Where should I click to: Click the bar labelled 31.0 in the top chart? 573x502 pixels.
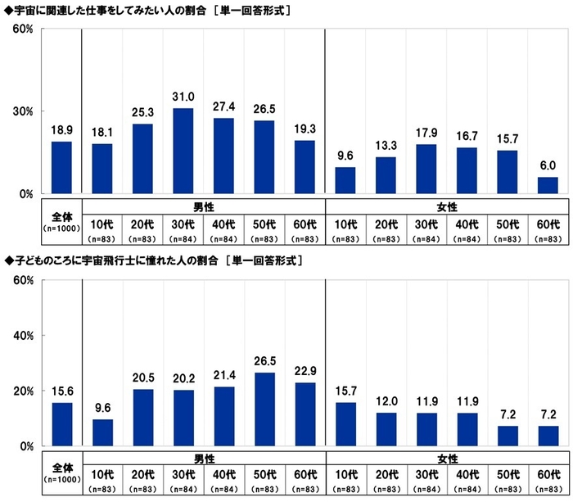pyautogui.click(x=183, y=152)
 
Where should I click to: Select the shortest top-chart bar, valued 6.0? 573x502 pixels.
pyautogui.click(x=548, y=186)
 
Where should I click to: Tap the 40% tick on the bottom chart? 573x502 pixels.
pyautogui.click(x=22, y=336)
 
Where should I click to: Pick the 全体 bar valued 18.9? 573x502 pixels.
pyautogui.click(x=62, y=168)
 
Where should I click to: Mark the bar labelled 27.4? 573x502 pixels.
pyautogui.click(x=223, y=156)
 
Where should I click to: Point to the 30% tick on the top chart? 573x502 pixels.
pyautogui.click(x=22, y=111)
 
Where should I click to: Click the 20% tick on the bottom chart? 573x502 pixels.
pyautogui.click(x=22, y=391)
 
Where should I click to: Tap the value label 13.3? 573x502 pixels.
pyautogui.click(x=386, y=147)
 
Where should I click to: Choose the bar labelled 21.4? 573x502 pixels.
pyautogui.click(x=223, y=416)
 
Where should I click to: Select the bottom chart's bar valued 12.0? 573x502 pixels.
pyautogui.click(x=386, y=429)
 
